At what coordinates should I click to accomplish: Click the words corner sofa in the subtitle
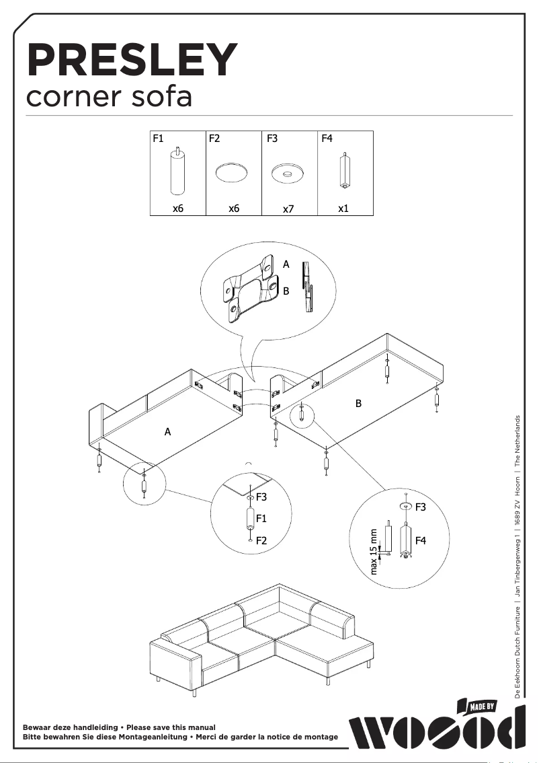109,97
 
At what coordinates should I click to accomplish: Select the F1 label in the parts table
159,139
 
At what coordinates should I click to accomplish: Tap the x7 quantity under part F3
288,209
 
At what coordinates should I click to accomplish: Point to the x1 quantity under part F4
343,209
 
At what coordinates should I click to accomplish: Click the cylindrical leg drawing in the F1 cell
177,171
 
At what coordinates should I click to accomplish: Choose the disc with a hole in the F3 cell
288,174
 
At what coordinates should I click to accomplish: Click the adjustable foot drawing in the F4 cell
343,172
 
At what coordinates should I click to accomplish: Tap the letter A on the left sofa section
168,432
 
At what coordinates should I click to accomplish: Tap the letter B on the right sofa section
358,404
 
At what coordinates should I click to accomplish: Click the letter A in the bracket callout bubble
286,265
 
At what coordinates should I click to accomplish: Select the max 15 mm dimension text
375,552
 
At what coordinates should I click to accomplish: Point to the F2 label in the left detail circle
262,540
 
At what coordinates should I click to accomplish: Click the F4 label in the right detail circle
421,540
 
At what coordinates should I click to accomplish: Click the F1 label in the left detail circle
262,518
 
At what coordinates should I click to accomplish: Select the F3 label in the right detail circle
421,507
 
